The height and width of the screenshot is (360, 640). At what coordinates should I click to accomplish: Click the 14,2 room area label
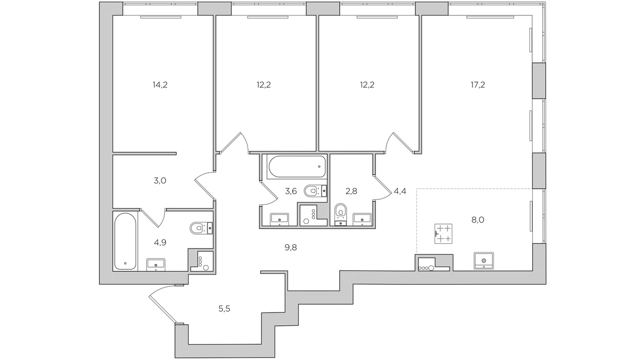click(x=160, y=84)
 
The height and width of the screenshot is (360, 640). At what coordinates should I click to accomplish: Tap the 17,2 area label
click(x=477, y=84)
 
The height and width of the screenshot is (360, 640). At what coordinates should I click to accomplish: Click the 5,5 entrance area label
click(x=225, y=308)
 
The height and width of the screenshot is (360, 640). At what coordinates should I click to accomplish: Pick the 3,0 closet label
click(x=160, y=180)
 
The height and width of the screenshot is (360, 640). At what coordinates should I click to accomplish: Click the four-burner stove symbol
click(x=443, y=233)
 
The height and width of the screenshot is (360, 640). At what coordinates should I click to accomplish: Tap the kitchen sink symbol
click(x=483, y=261)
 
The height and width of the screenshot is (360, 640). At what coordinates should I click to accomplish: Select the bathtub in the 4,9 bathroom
click(x=126, y=241)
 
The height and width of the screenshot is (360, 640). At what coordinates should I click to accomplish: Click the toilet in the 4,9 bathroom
click(x=199, y=228)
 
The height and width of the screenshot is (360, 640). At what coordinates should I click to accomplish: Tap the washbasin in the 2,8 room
click(x=363, y=218)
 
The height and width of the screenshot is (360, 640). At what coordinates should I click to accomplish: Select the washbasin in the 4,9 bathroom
click(x=156, y=263)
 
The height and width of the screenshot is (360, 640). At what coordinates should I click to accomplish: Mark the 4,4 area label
click(x=400, y=191)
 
